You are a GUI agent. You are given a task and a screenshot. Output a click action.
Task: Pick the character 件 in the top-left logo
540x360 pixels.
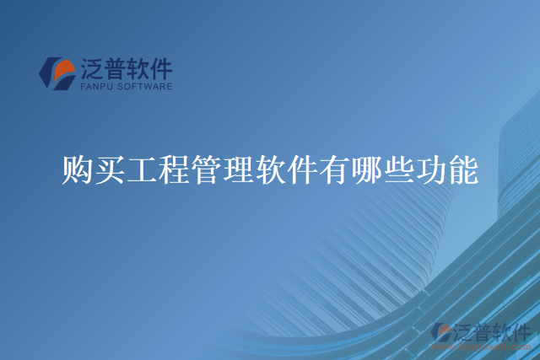pyautogui.click(x=161, y=67)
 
